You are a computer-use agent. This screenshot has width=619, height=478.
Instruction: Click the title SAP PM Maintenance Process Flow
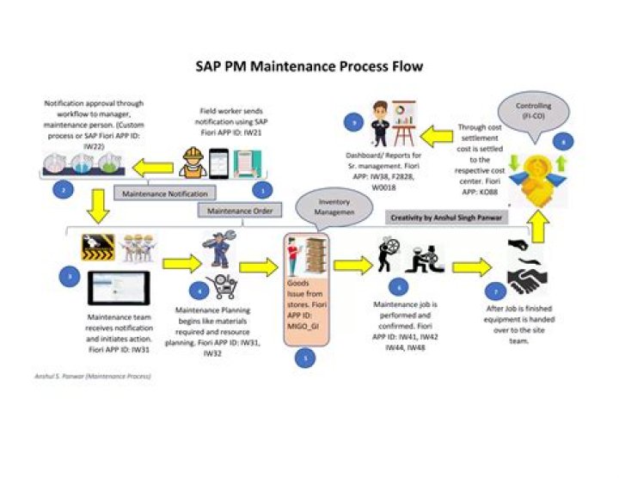pyautogui.click(x=309, y=66)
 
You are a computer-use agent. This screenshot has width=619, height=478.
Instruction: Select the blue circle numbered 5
pyautogui.click(x=300, y=359)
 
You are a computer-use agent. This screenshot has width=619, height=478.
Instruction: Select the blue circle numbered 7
pyautogui.click(x=492, y=291)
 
